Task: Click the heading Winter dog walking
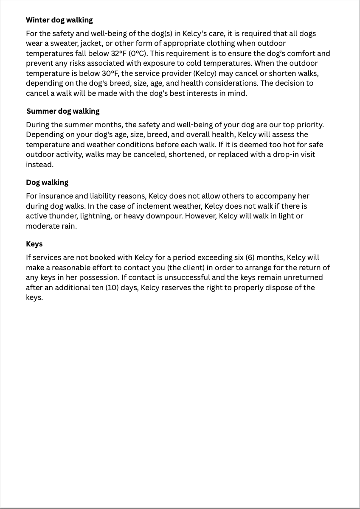click(59, 20)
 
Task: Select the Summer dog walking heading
click(63, 111)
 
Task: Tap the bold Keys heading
click(34, 244)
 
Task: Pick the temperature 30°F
click(110, 73)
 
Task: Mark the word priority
click(309, 125)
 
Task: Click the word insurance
click(56, 196)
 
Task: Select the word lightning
click(96, 216)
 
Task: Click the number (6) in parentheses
click(250, 257)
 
